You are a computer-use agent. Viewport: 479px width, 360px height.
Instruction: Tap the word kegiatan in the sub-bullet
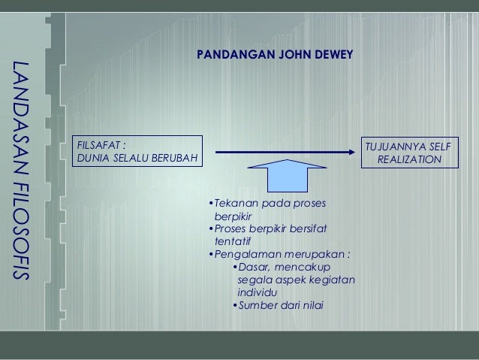coord(333,280)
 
